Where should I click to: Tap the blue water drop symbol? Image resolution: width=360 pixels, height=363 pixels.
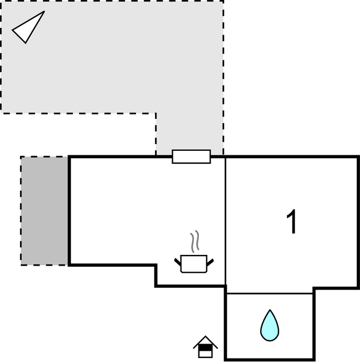click(270, 326)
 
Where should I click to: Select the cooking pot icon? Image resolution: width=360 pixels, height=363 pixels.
click(194, 264)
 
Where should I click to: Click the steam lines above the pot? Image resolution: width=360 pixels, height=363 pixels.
click(194, 241)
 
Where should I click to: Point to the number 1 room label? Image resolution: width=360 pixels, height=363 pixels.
click(291, 222)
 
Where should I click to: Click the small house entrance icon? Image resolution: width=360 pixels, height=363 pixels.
click(205, 347)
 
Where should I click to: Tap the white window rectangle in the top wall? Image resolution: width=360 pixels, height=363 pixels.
click(191, 156)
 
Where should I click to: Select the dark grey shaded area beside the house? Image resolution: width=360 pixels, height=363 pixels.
click(44, 210)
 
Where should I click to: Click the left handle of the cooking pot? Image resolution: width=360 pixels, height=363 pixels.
click(178, 262)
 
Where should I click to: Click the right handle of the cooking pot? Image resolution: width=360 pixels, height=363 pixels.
click(210, 262)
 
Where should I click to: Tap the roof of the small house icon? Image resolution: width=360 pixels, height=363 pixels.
click(205, 342)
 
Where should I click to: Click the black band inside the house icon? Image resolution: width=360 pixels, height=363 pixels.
click(206, 348)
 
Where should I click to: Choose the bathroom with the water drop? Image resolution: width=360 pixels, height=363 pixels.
click(270, 326)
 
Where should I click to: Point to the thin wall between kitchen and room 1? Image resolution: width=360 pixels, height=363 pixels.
click(225, 222)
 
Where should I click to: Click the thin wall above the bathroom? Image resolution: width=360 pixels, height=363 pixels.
click(270, 293)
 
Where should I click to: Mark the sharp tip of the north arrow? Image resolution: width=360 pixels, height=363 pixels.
click(44, 11)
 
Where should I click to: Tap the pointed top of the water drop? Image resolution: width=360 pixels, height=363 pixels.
click(270, 310)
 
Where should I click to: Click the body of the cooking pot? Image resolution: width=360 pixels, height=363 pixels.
click(194, 264)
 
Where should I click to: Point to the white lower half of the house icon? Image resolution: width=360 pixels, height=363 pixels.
click(206, 354)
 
